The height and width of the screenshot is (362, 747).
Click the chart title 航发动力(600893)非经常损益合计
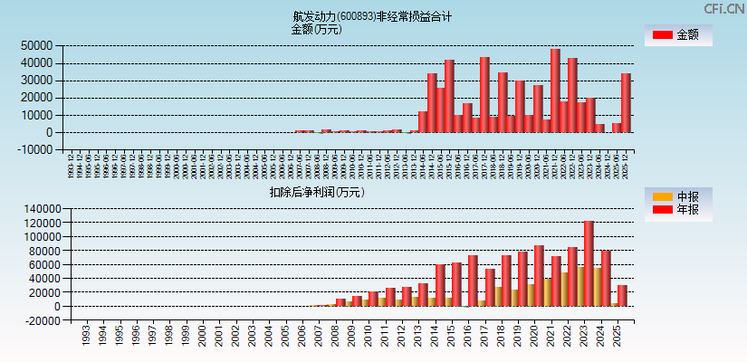pyautogui.click(x=372, y=16)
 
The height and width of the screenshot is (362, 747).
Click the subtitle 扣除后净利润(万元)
pyautogui.click(x=316, y=192)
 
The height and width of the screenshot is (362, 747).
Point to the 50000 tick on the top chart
pyautogui.click(x=37, y=45)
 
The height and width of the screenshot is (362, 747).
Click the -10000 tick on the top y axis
pyautogui.click(x=35, y=150)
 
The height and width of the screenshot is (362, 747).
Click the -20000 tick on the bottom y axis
pyautogui.click(x=35, y=320)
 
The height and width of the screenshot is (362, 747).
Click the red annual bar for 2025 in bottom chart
pyautogui.click(x=622, y=296)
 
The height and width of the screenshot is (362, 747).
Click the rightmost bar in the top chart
pyautogui.click(x=626, y=102)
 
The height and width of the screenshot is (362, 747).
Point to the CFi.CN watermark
pyautogui.click(x=724, y=8)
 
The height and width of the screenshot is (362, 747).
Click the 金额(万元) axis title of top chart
pyautogui.click(x=316, y=29)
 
